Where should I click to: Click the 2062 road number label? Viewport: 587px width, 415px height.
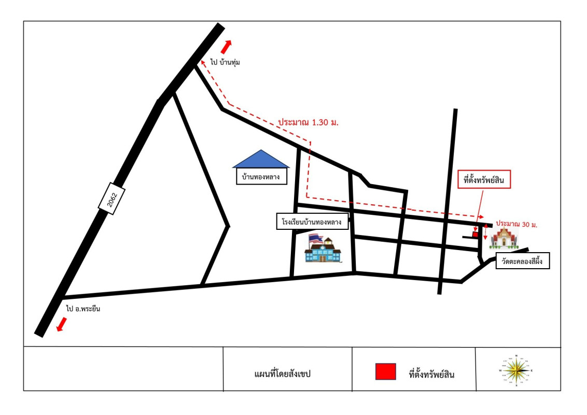(111, 198)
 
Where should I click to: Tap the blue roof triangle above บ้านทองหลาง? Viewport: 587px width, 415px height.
(261, 160)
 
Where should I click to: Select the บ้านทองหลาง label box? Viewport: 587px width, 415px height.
(261, 176)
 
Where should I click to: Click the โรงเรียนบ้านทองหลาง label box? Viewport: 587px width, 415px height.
(312, 222)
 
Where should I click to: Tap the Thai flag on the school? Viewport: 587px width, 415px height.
(316, 239)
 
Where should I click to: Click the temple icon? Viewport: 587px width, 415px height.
(504, 238)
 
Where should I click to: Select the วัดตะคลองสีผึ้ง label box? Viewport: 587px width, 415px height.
(522, 261)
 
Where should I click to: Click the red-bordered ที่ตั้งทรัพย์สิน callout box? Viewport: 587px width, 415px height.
(484, 180)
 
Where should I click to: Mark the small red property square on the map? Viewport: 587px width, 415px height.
(475, 234)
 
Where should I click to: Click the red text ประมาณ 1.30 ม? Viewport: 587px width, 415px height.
(308, 122)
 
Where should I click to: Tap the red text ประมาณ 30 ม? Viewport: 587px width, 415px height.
(516, 224)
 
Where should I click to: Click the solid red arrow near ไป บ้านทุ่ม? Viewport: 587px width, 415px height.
(226, 47)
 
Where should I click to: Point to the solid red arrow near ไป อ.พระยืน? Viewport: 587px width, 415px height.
(61, 324)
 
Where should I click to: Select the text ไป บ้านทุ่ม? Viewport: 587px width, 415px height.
(225, 62)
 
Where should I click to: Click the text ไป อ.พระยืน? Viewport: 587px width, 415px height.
(83, 309)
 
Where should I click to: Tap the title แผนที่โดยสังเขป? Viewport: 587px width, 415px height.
(282, 374)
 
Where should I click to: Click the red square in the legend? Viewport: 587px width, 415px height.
(386, 371)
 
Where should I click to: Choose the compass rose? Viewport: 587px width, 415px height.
(516, 370)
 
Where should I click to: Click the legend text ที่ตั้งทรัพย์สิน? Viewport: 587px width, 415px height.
(431, 374)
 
